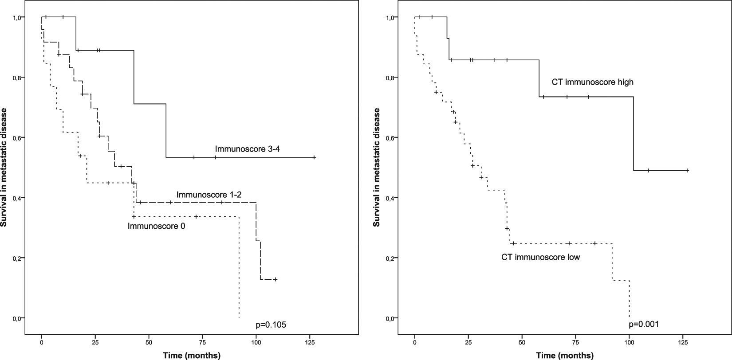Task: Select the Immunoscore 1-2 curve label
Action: [x=209, y=195]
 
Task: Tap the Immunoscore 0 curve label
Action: [x=156, y=226]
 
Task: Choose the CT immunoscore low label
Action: [x=540, y=257]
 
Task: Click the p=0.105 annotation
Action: [x=271, y=325]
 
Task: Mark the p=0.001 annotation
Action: [x=644, y=324]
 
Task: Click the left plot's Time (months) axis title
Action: [x=191, y=355]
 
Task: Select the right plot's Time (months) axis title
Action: [x=564, y=355]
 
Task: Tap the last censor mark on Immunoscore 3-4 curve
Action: [x=314, y=157]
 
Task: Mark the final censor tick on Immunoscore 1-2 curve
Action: [x=275, y=279]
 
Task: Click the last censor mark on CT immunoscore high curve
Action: [x=687, y=170]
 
